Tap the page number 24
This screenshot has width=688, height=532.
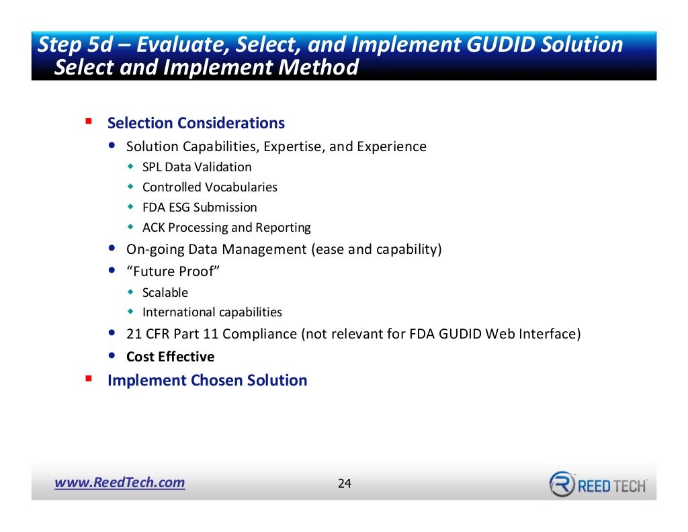[x=344, y=484]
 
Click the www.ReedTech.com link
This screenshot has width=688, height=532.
[x=120, y=482]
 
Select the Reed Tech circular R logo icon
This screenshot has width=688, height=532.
[x=562, y=484]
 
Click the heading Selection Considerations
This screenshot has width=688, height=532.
[x=196, y=124]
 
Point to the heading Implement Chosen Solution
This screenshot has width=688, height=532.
[x=207, y=380]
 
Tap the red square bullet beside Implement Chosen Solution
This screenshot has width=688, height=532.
[x=88, y=379]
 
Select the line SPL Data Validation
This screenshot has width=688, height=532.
[x=197, y=167]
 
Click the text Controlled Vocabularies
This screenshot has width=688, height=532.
[x=210, y=187]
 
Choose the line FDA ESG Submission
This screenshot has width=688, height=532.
[x=200, y=208]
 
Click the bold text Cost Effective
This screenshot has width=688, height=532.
[x=170, y=357]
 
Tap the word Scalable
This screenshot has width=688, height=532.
[x=165, y=293]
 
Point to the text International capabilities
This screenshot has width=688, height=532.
[x=212, y=312]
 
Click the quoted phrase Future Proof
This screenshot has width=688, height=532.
[x=173, y=271]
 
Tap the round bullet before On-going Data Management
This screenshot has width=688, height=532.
[x=112, y=249]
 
